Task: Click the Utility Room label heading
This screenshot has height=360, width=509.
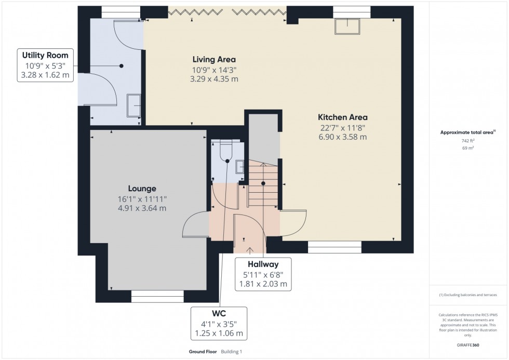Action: (x=45, y=55)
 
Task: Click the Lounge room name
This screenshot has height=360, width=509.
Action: (x=142, y=189)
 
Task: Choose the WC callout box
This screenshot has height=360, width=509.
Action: (x=219, y=324)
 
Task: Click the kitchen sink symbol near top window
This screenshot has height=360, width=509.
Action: (x=347, y=26)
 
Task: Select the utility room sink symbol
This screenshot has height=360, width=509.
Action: (x=134, y=106)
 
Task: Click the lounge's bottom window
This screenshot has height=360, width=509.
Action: (x=157, y=296)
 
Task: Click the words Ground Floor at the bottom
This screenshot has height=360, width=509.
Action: (x=203, y=352)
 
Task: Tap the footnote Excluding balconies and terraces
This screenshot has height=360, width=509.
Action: (x=468, y=295)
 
